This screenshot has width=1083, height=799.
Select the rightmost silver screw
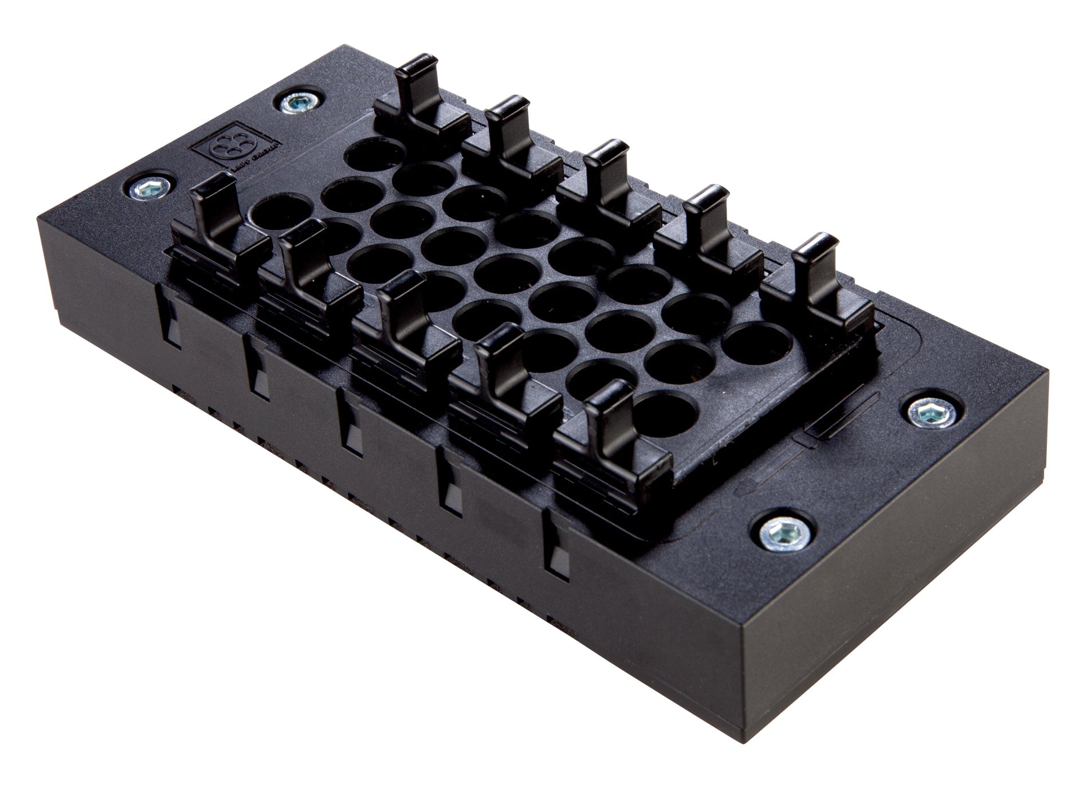tap(932, 412)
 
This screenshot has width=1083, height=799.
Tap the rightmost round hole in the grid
tap(756, 343)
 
